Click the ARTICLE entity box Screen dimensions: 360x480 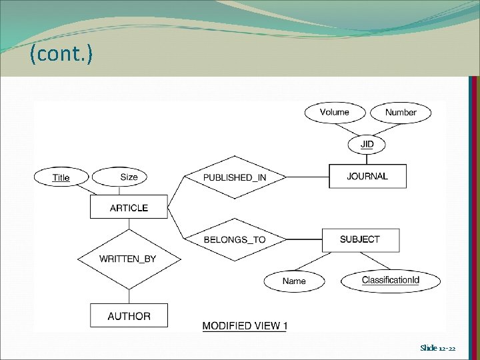click(x=129, y=207)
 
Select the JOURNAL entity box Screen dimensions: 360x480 click(x=367, y=176)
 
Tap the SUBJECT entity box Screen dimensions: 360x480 click(x=360, y=239)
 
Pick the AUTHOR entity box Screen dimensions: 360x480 click(x=129, y=316)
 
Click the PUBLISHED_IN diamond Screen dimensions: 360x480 click(x=235, y=177)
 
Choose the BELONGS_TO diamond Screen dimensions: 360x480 click(x=235, y=239)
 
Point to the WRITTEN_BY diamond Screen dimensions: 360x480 click(x=127, y=259)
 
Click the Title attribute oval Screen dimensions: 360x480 click(x=61, y=177)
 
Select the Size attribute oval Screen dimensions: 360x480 click(x=129, y=177)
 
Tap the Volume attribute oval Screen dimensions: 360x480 click(x=335, y=112)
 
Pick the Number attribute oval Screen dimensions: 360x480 click(x=401, y=112)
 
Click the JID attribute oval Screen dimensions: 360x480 click(x=367, y=144)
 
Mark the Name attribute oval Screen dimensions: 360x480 click(x=294, y=281)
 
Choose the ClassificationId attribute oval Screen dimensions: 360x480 click(x=391, y=280)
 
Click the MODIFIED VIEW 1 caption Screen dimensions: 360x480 click(x=245, y=326)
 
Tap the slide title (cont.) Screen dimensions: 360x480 click(x=61, y=55)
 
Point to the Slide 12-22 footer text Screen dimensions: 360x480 click(x=438, y=348)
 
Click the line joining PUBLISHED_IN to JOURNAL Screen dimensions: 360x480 click(x=307, y=177)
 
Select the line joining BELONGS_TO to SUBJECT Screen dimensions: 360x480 click(x=304, y=239)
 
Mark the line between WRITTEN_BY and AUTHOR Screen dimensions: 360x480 click(x=129, y=296)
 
